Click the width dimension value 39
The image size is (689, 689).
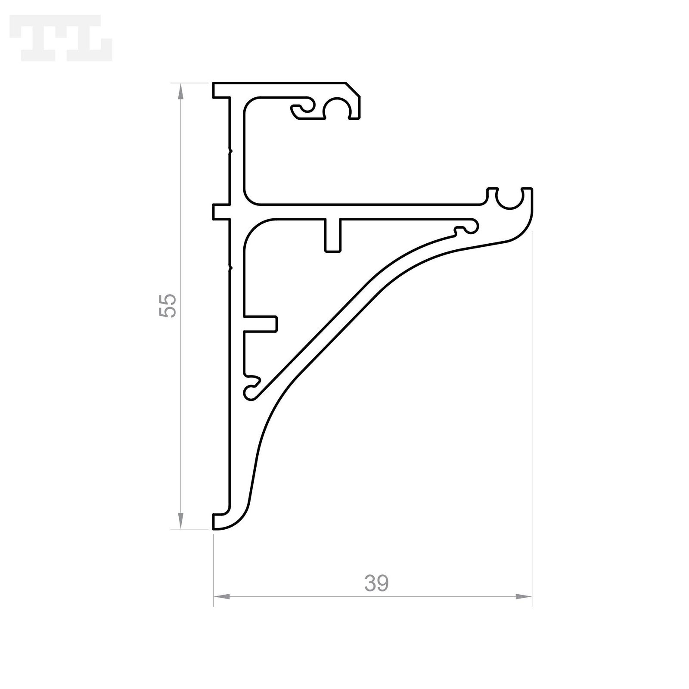coord(376,583)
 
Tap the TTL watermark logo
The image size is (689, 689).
coord(61,38)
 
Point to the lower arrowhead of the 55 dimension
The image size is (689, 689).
coord(180,521)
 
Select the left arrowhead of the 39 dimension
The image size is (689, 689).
coord(222,596)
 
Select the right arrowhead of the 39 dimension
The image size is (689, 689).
coord(524,596)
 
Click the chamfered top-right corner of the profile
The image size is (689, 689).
coord(353,89)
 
